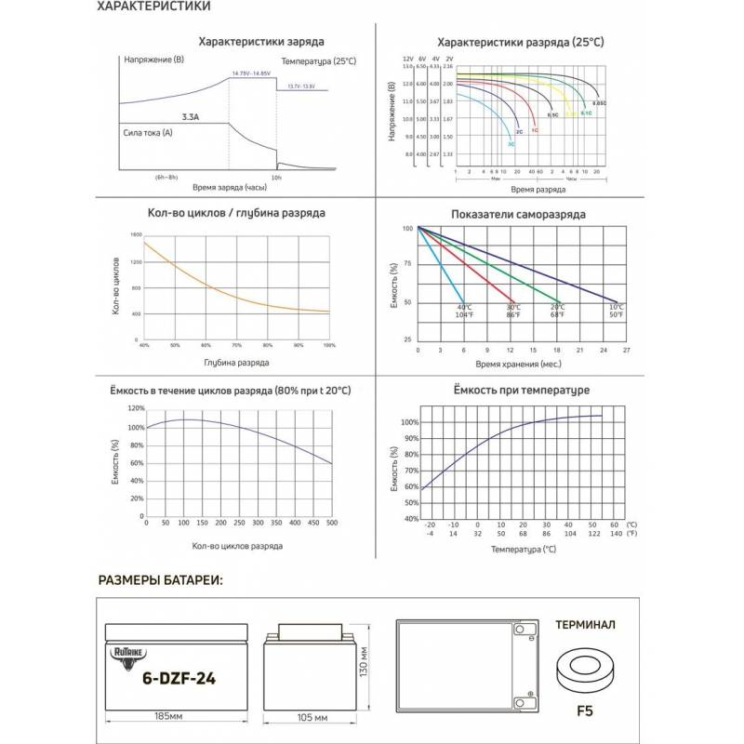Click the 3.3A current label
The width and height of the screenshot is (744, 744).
[189, 118]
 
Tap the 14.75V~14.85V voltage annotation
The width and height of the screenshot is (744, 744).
[252, 72]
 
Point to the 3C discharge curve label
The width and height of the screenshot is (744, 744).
[511, 144]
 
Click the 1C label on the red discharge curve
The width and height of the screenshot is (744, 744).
[535, 131]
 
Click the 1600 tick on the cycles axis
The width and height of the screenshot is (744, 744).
[136, 235]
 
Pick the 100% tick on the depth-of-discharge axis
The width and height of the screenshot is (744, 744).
[328, 345]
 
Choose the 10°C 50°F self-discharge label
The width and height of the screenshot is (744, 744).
[616, 312]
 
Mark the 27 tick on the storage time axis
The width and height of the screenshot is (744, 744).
[626, 351]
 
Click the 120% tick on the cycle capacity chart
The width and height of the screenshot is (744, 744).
[136, 408]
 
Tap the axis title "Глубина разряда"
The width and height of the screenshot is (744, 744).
[235, 363]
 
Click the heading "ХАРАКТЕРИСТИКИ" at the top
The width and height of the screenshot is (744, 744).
[153, 7]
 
